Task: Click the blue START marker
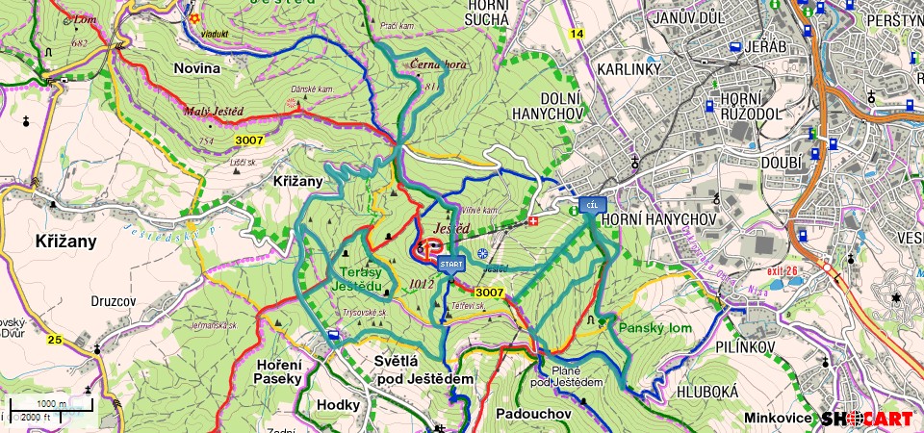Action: [450, 263]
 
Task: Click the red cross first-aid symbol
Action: [534, 222]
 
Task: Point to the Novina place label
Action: [197, 67]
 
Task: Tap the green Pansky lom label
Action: [654, 328]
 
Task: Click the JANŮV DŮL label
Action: [687, 18]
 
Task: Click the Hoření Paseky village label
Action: [280, 371]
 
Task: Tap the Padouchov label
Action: [534, 414]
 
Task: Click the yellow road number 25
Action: [55, 340]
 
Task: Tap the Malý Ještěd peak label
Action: [214, 111]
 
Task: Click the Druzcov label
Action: [112, 300]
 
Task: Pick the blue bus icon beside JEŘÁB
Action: [734, 47]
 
